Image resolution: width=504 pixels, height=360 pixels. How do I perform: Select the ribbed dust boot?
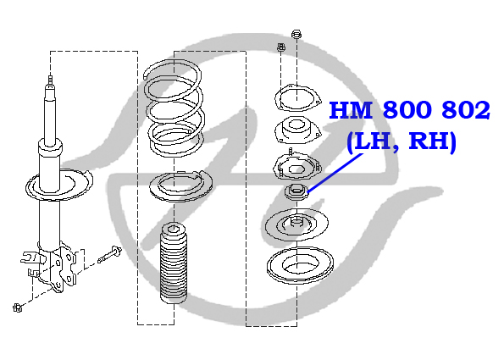pos(174,263)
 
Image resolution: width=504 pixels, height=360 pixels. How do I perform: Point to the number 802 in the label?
pos(466,110)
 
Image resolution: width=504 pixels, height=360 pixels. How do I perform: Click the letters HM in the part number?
pos(352,110)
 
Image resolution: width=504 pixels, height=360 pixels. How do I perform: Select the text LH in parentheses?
pos(373,141)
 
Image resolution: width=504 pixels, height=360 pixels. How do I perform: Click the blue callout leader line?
pos(335,173)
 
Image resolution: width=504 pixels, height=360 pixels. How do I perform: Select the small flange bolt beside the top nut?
pos(281,47)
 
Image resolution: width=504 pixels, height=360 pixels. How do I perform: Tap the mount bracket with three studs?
pos(297,167)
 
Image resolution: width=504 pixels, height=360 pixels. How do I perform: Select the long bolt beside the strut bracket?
pos(109,254)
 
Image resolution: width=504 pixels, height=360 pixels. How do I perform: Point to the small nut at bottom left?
pos(18,307)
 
